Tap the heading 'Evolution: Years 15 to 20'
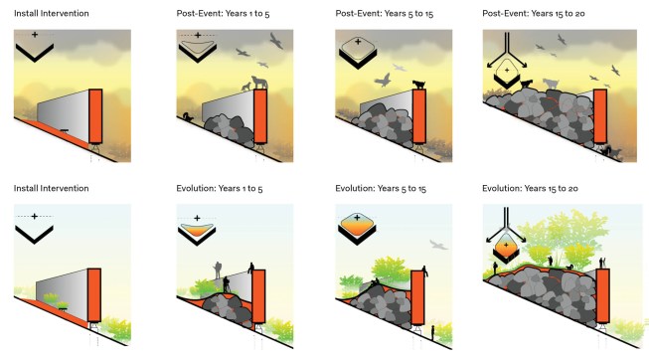[530, 189]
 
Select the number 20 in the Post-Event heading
[579, 14]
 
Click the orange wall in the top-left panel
[95, 116]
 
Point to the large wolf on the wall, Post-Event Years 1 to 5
[259, 82]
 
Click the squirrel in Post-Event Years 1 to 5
[188, 117]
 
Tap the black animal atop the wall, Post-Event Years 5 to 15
[419, 85]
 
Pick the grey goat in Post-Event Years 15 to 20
[551, 85]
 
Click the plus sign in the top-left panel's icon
[35, 35]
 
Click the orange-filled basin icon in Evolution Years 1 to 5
[197, 231]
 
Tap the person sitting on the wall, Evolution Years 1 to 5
[251, 268]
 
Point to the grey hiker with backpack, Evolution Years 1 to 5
[218, 270]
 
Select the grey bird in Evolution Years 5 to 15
[438, 245]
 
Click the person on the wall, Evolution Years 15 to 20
[602, 263]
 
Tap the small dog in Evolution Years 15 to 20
[569, 268]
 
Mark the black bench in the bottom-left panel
[63, 305]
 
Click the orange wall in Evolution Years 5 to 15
[417, 297]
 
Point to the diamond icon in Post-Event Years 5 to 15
[358, 48]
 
